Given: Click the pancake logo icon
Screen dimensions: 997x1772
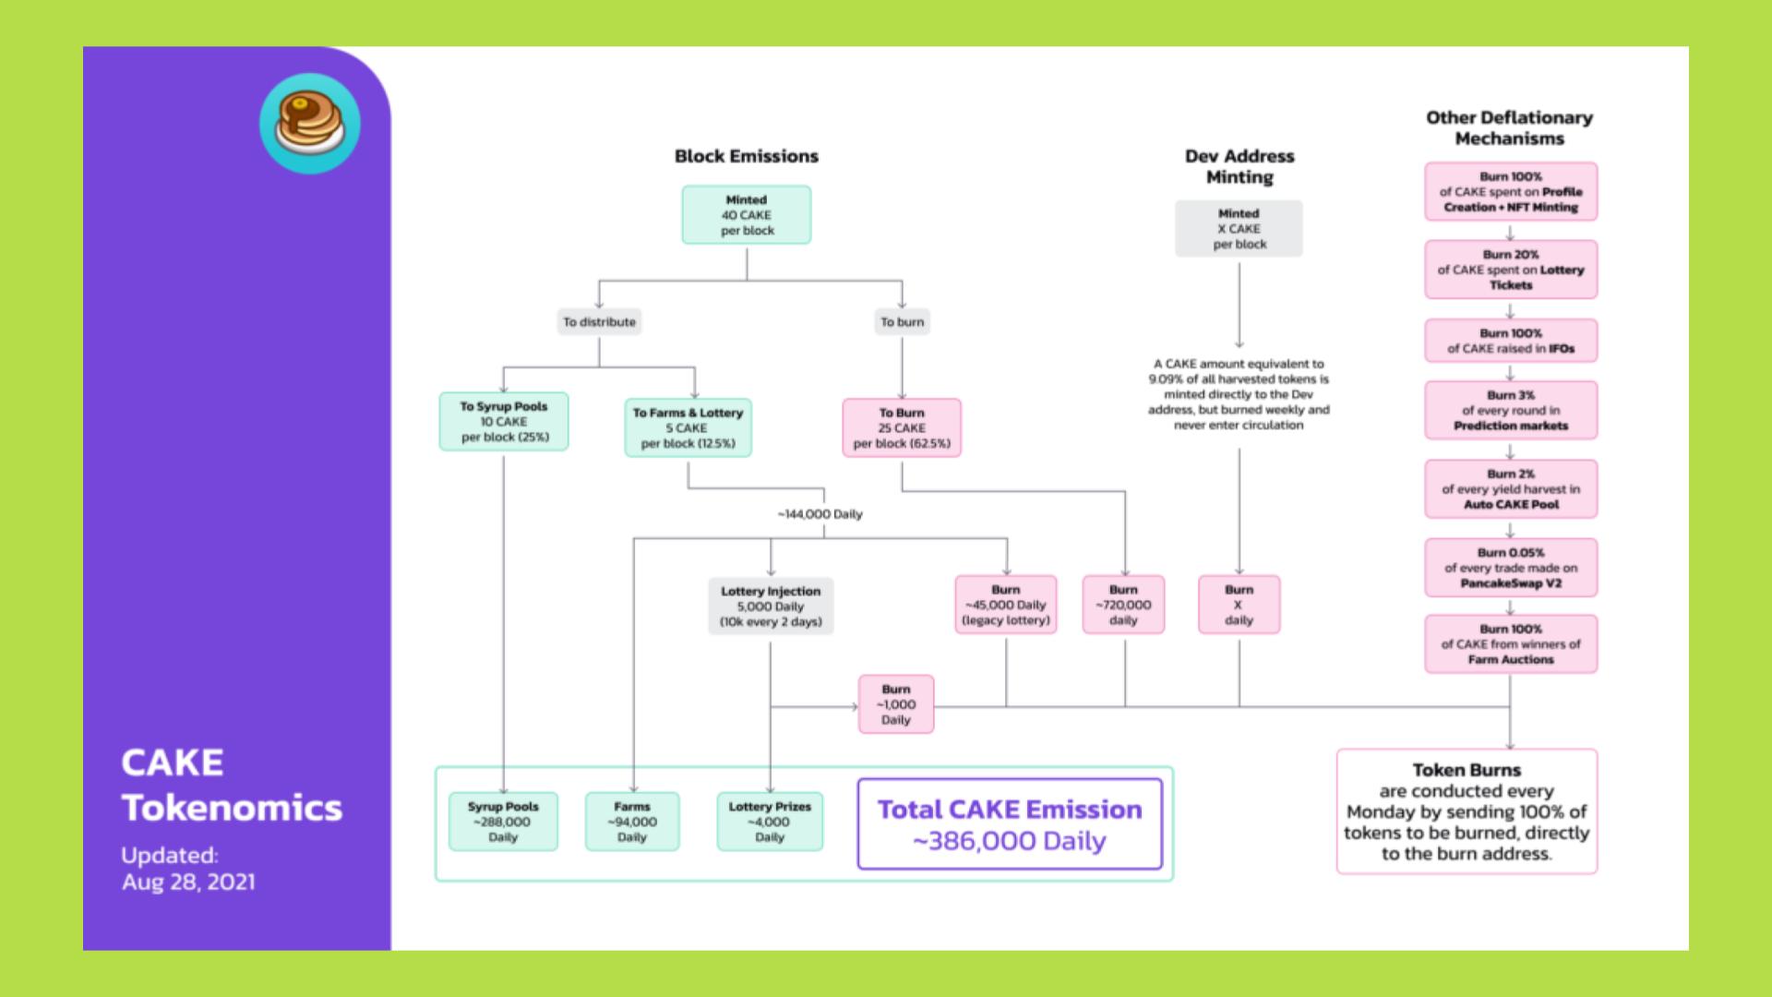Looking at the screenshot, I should click(x=310, y=124).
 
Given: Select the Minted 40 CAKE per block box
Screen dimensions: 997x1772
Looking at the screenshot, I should click(x=747, y=215).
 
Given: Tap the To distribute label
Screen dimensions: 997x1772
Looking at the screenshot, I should click(x=600, y=322).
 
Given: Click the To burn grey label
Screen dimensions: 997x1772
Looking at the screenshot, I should click(x=902, y=322).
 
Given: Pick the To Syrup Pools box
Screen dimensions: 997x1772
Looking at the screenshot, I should click(x=504, y=422).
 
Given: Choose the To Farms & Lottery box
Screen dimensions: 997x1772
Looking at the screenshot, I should click(x=688, y=428).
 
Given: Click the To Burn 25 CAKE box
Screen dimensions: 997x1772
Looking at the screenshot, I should click(x=902, y=428).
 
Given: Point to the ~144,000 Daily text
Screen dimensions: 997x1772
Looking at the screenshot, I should click(x=820, y=514).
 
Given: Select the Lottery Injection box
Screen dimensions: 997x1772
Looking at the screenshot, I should click(x=771, y=607).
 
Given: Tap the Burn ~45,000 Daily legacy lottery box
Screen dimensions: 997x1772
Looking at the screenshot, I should click(x=1006, y=606).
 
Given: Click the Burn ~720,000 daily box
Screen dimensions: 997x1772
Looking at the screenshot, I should click(x=1123, y=606).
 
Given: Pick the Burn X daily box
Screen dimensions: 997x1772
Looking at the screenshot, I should click(x=1239, y=606).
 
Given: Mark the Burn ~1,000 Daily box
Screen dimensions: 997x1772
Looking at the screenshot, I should click(x=896, y=704).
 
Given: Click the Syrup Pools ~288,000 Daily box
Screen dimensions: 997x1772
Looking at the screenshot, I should click(x=503, y=822).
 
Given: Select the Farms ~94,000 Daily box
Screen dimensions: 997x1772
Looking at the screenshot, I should click(x=632, y=822).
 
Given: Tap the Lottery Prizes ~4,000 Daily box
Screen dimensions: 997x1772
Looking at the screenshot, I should click(x=770, y=822).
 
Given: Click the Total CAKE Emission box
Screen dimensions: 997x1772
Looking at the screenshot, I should click(x=1010, y=824).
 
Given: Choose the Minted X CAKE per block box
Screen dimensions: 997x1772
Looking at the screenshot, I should click(x=1239, y=229).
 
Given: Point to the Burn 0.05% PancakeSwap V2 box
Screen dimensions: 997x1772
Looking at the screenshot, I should click(x=1511, y=568).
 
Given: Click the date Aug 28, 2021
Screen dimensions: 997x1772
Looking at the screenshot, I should click(x=188, y=882).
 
